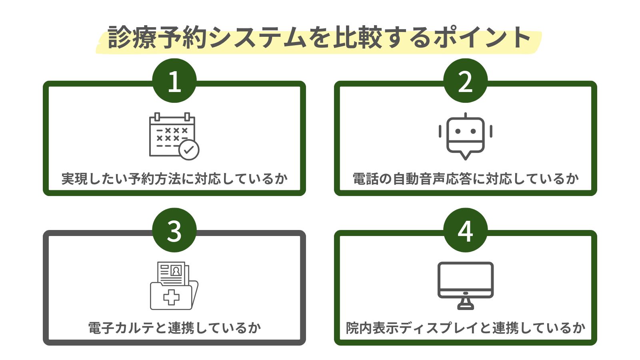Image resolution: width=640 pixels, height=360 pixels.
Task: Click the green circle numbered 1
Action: [174, 81]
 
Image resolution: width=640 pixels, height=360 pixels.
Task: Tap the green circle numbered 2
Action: [465, 81]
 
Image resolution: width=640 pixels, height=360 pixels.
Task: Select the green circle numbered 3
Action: [174, 230]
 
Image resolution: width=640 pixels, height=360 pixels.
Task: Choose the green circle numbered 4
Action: [465, 230]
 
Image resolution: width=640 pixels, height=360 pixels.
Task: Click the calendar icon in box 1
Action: [172, 136]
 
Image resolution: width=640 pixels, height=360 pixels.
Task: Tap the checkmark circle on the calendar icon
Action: [189, 150]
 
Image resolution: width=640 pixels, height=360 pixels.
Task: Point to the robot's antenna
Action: [465, 115]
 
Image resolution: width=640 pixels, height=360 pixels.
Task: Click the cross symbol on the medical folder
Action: [171, 298]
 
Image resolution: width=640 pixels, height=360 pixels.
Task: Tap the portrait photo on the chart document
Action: [176, 271]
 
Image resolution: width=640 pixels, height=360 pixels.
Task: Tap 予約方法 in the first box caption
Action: [155, 179]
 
